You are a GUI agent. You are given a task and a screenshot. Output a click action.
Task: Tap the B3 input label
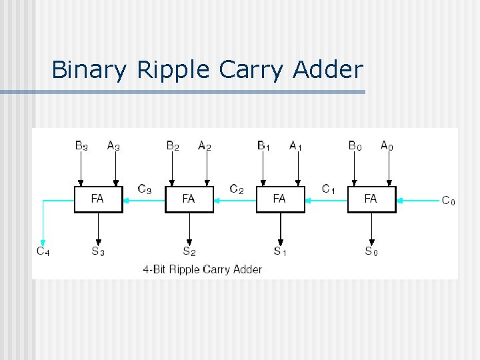(81, 145)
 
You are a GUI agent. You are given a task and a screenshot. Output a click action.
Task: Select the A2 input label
(204, 145)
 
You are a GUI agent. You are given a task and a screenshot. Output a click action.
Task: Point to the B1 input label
(263, 145)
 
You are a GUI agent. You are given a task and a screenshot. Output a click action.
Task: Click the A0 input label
(387, 145)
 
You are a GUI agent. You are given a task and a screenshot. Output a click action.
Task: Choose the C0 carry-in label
(449, 200)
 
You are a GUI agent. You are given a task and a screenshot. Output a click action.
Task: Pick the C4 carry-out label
(43, 251)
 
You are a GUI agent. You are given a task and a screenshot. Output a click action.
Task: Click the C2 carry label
(236, 189)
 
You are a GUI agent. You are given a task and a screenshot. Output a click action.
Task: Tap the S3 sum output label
(98, 251)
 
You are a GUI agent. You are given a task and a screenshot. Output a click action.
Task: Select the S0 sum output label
(371, 251)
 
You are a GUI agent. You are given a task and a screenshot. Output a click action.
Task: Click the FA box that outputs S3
(98, 199)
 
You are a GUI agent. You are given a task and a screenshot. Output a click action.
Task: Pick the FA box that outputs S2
(189, 199)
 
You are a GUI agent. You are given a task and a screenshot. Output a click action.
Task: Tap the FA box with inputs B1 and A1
(280, 199)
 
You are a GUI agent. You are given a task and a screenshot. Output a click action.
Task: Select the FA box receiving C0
(371, 199)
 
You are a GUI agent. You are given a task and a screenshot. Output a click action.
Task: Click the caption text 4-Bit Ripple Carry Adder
(202, 269)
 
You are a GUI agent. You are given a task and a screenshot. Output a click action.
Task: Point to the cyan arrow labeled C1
(326, 199)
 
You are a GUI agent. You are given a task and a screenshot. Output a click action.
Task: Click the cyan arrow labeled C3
(144, 199)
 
